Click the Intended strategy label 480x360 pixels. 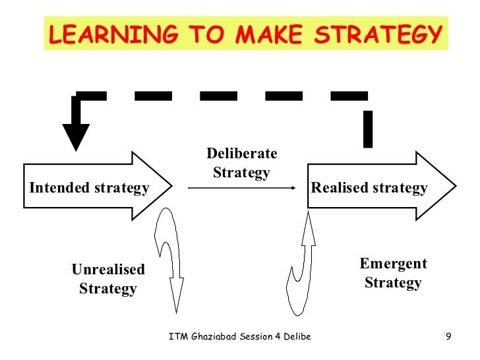pos(89,188)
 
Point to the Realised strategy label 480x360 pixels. pos(369,188)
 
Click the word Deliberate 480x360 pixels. pos(241,154)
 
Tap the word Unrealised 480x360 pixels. pos(108,269)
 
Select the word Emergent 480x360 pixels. pos(393,264)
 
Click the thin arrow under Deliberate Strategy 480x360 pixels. pos(241,189)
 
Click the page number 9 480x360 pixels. pos(448,338)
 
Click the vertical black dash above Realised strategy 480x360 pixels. pos(368,129)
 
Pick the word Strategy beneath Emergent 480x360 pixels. pos(393,284)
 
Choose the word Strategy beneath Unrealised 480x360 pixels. pos(108,289)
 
